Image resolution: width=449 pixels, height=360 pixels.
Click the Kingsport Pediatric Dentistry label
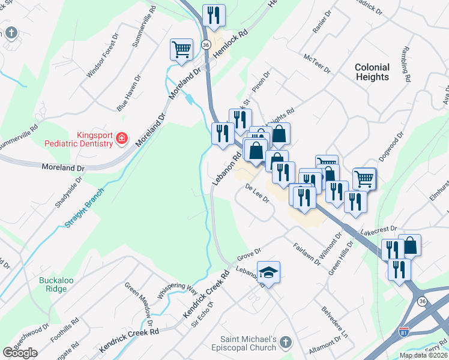click(78, 139)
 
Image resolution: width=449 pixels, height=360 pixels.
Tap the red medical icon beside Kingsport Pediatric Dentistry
click(121, 139)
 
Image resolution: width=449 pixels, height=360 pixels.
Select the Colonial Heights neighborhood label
click(372, 72)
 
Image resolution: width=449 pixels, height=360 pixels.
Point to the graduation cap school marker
click(269, 271)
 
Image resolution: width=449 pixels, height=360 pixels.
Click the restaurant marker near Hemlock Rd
click(214, 14)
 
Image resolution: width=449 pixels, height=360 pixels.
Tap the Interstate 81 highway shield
click(405, 331)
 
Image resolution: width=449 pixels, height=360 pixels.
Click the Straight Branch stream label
click(83, 209)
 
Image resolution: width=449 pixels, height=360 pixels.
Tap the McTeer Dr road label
click(318, 64)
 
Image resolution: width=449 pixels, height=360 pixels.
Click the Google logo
click(20, 353)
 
